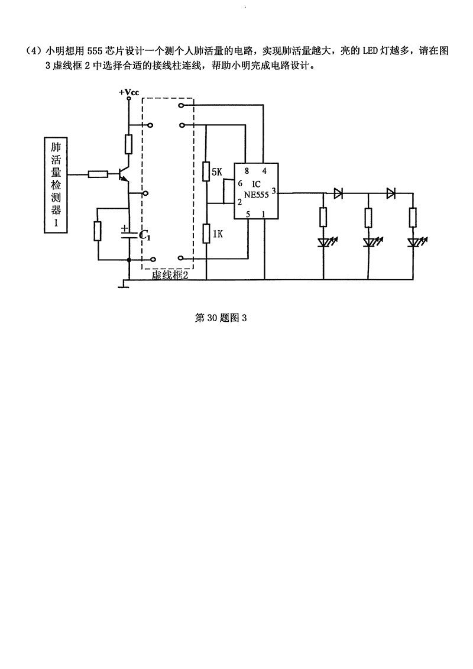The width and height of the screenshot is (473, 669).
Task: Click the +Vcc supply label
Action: click(128, 93)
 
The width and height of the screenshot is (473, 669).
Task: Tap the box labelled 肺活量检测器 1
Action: click(56, 184)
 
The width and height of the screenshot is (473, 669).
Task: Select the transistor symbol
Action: click(124, 174)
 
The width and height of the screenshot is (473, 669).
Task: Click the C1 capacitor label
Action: click(145, 235)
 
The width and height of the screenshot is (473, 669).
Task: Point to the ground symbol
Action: click(123, 286)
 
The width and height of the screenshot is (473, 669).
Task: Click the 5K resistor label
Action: click(216, 173)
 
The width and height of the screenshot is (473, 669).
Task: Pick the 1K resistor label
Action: click(217, 234)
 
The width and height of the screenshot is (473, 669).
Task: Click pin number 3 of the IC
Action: click(274, 190)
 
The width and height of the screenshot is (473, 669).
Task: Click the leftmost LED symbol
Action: click(323, 242)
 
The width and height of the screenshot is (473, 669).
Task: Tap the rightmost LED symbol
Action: click(414, 242)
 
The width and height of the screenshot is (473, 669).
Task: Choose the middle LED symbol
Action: click(368, 242)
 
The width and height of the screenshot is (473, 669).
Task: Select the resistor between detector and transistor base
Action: click(98, 174)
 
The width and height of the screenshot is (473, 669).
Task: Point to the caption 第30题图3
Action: click(220, 318)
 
